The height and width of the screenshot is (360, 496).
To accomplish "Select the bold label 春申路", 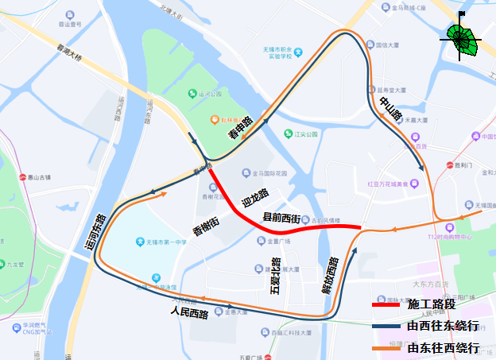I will pos(240,128).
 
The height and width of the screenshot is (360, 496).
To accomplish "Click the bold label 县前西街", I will pos(281,218).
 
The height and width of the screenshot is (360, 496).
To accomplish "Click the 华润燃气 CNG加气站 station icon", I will pos(15,327).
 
